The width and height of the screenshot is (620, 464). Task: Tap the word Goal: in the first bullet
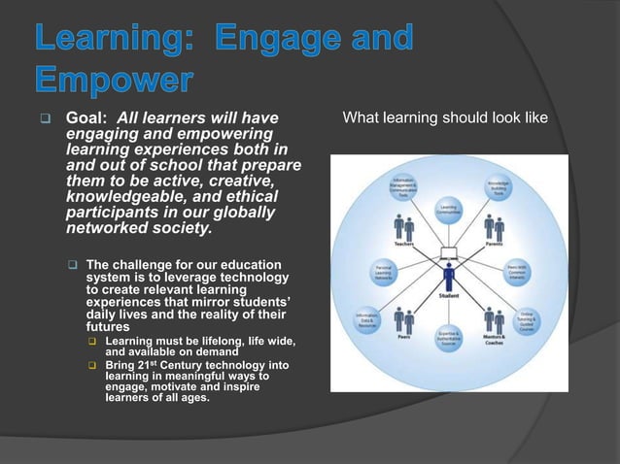tap(85, 118)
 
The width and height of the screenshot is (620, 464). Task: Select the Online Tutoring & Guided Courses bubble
tap(526, 321)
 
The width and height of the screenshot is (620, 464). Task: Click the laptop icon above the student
tap(448, 255)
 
